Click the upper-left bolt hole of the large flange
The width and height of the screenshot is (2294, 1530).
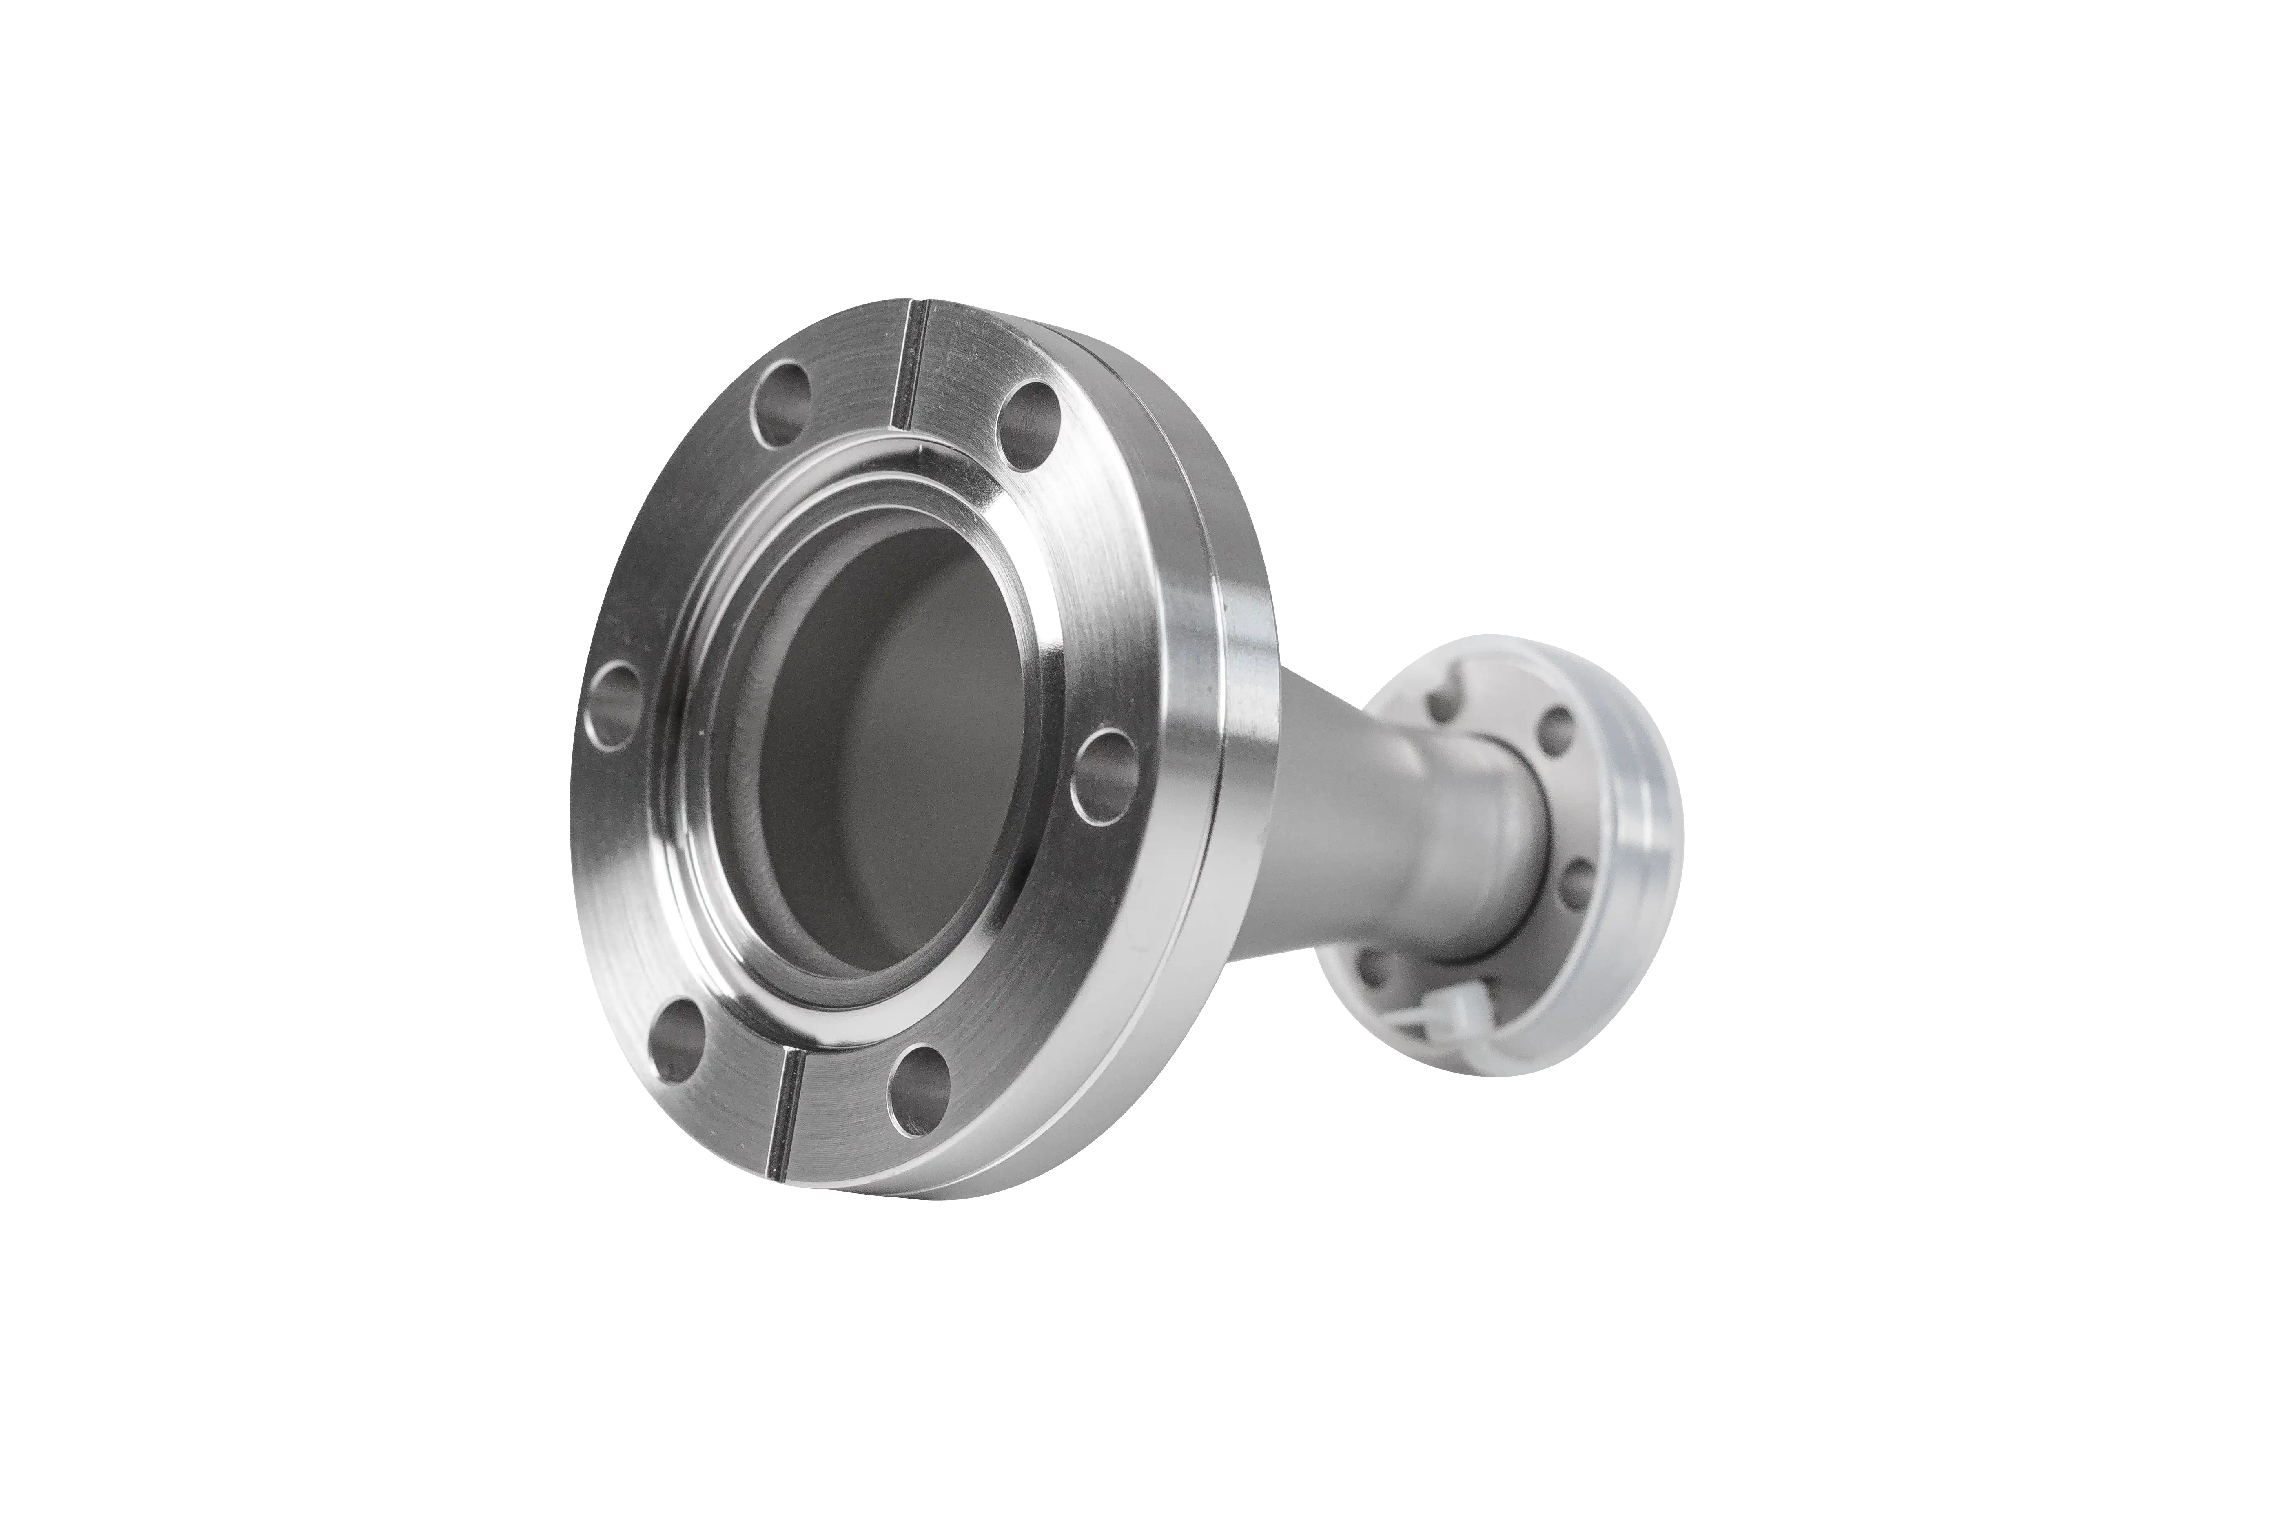(782, 404)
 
